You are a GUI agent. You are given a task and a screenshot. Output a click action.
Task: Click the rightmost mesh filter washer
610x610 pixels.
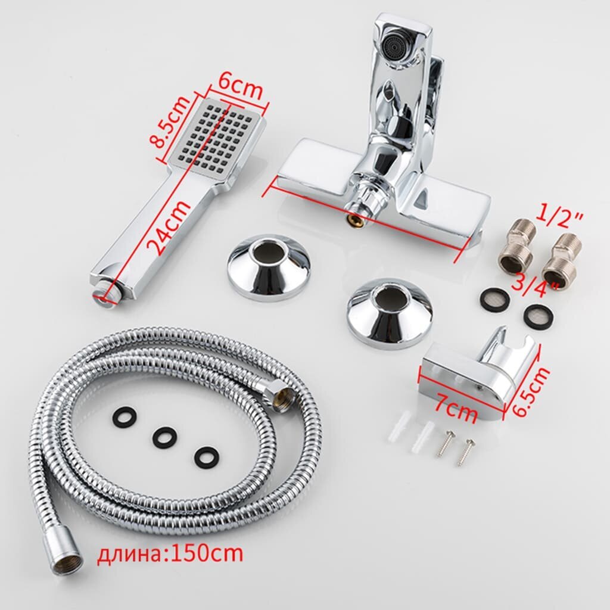point(539,316)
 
